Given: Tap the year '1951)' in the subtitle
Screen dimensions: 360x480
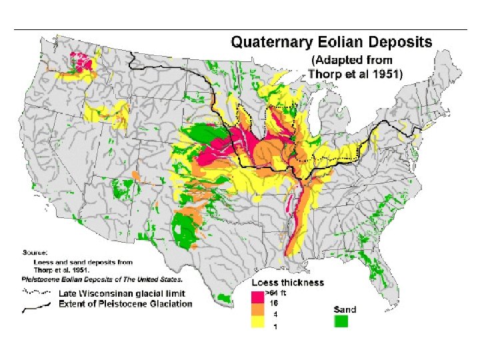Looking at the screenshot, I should point(387,74).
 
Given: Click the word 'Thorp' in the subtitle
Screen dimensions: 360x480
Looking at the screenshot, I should point(325,74).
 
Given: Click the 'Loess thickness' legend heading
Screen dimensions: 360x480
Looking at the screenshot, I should point(287,282).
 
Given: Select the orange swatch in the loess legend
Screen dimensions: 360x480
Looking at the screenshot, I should point(258,312).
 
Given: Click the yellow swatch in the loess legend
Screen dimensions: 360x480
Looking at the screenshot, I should point(258,324).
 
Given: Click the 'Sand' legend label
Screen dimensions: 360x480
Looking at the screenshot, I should point(345,309).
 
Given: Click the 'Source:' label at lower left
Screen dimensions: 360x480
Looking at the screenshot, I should point(33,253).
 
